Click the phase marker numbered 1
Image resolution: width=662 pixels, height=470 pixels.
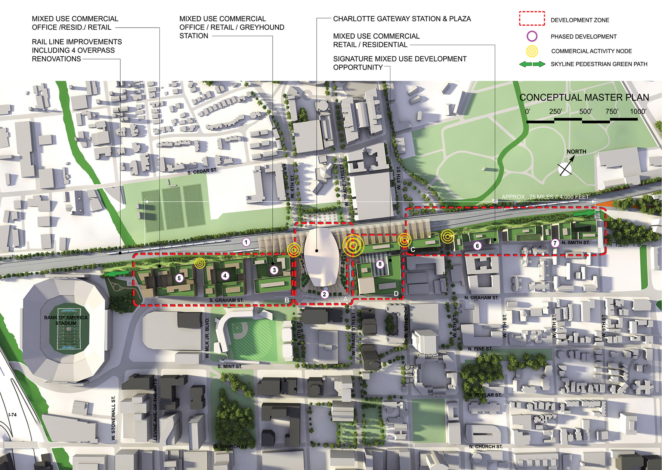(246, 242)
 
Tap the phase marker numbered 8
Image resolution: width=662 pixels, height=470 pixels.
(380, 264)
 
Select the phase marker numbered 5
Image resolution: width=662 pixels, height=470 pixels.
(179, 278)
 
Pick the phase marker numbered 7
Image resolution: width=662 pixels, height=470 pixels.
(555, 243)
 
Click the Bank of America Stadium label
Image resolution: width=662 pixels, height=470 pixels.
(66, 320)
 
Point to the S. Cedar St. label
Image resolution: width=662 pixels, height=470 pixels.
(202, 171)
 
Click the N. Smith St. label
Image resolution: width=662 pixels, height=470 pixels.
(575, 242)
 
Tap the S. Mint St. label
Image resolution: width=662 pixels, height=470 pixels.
(230, 366)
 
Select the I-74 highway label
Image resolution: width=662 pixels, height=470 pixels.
(12, 415)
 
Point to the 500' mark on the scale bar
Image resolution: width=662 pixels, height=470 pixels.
(586, 112)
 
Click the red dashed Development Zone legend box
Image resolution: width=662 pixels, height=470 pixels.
(532, 19)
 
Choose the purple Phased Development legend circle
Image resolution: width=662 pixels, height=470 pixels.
(532, 36)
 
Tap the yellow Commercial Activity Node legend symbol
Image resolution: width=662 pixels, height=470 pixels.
(532, 51)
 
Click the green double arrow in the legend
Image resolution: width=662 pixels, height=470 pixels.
(532, 64)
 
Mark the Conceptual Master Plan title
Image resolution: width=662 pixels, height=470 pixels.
(584, 97)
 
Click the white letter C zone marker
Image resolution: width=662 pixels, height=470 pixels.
(413, 250)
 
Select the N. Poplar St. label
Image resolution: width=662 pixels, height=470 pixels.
(485, 395)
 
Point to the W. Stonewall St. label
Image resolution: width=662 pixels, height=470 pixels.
(113, 418)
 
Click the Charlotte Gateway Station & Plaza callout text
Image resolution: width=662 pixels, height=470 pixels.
(402, 19)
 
